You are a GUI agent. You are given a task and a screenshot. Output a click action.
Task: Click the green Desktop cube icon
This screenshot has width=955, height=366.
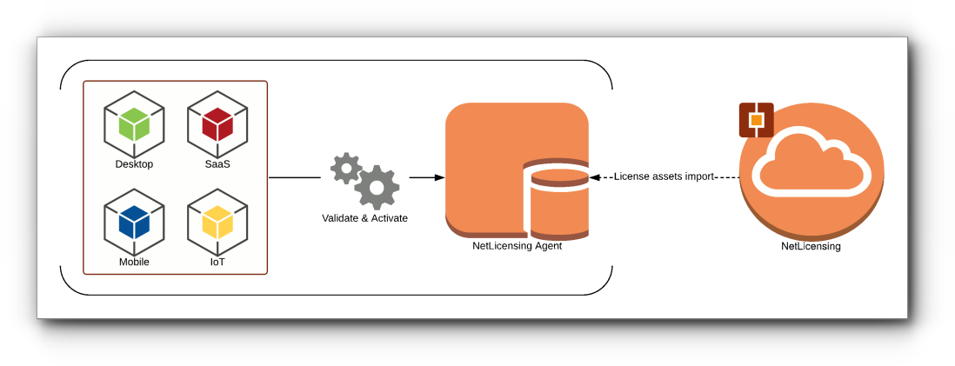coord(134,124)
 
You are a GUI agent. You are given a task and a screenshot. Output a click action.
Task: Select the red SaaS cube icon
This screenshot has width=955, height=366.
coord(217,124)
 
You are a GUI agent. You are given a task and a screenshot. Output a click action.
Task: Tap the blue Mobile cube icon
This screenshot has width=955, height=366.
coord(134,223)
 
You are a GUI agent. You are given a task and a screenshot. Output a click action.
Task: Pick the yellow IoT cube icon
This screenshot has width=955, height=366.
coord(217,223)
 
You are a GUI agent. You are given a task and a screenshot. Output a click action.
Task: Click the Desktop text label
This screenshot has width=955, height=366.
coord(134,164)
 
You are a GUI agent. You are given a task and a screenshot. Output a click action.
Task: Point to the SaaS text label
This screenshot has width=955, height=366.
coord(217,164)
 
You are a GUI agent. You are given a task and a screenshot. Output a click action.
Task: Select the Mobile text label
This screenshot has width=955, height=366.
coord(134,262)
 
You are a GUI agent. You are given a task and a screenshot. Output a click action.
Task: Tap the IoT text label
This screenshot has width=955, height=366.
coord(217,262)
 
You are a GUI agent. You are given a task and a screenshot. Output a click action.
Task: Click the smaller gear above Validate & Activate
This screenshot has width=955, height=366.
coord(345,168)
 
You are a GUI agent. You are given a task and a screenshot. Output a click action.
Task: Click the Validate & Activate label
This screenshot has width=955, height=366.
coord(364,218)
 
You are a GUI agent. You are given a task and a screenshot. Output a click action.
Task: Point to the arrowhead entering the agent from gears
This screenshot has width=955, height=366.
coord(439,177)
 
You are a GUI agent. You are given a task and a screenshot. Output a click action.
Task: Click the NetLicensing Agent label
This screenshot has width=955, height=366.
coord(517,246)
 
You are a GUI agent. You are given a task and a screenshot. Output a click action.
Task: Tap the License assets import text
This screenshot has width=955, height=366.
coord(664,176)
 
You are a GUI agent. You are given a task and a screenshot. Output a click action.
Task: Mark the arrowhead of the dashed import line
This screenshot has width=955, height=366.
coord(595,176)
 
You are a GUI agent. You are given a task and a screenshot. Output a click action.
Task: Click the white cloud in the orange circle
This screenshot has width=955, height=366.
coord(811,163)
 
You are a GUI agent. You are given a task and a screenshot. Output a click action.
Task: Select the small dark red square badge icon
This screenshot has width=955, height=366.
coord(756,120)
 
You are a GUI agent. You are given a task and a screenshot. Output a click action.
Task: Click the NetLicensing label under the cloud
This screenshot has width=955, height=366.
coord(811,247)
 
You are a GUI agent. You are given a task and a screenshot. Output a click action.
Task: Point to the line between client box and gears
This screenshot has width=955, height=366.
coord(295,177)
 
